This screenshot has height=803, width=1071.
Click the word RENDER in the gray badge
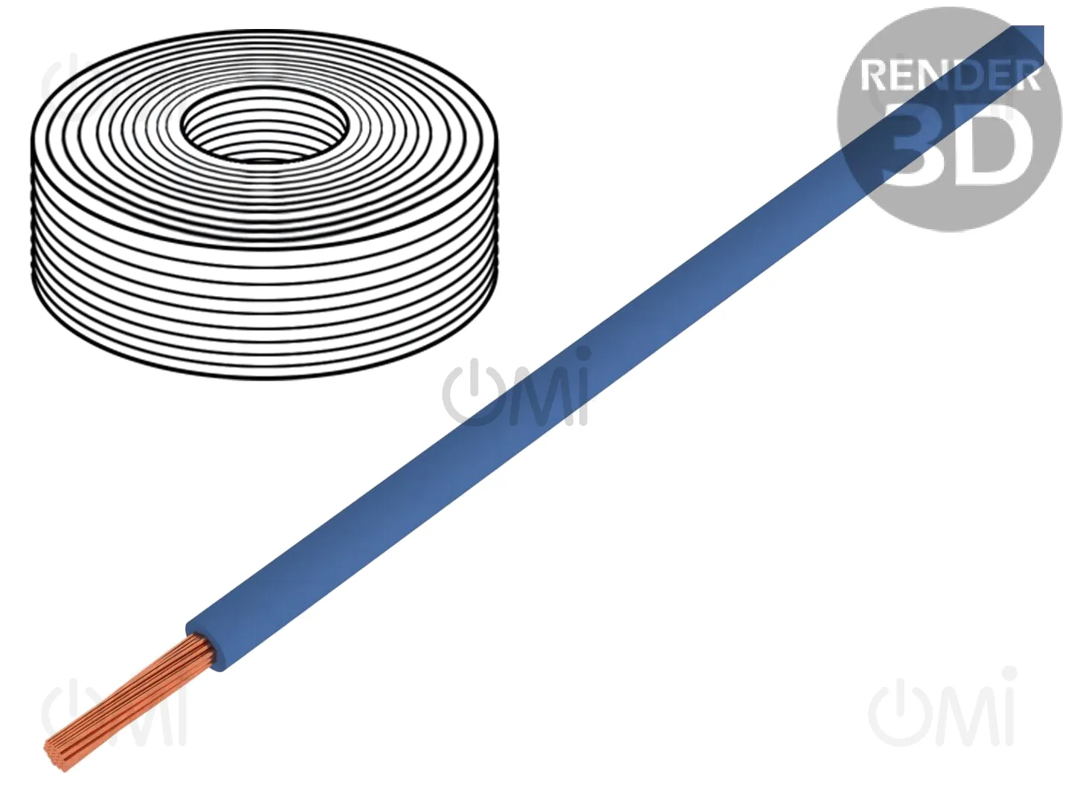[x=949, y=75]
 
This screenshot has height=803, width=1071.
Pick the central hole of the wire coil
[x=264, y=125]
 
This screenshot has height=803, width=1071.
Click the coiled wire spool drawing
[x=264, y=204]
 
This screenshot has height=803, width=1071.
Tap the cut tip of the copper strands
[x=57, y=755]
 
